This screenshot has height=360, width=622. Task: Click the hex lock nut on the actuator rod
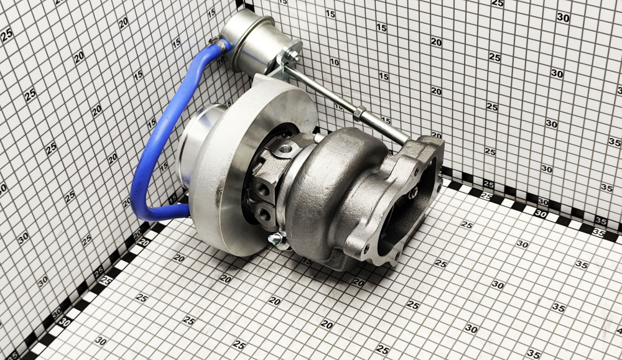(359, 113)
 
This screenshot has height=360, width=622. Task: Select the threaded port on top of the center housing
(286, 150)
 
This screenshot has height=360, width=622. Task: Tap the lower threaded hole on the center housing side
(263, 213)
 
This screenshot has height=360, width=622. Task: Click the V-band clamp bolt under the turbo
(278, 239)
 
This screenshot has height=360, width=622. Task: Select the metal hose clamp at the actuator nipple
(221, 44)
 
